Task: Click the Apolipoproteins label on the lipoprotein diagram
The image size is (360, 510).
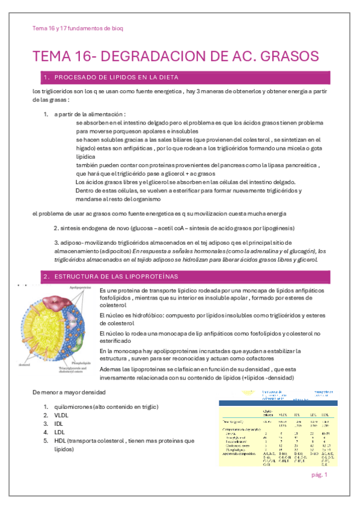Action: click(81, 288)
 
